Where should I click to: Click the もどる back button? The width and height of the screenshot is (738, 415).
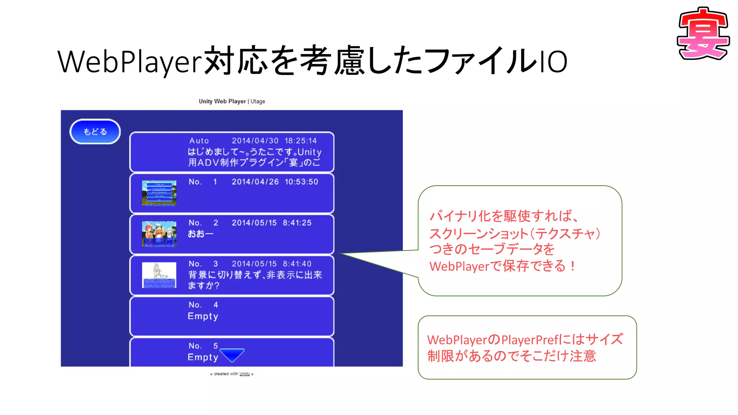95,132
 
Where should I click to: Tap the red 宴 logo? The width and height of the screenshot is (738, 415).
703,34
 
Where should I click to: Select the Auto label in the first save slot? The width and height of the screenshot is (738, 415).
199,141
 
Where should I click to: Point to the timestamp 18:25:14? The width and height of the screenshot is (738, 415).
301,141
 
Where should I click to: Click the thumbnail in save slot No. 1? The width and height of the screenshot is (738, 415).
159,193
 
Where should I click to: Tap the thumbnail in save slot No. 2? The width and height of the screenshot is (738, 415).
159,234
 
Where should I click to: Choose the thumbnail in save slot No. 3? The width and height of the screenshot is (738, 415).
159,275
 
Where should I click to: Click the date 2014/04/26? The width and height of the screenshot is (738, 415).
255,182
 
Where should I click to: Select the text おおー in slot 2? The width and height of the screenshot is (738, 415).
200,234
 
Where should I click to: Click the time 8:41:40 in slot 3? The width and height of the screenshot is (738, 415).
297,264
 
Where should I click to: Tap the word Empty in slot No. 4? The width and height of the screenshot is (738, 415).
203,316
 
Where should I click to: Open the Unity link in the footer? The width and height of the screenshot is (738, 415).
244,374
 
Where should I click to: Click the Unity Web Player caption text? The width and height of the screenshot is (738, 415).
222,102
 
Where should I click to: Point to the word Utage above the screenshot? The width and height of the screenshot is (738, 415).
258,102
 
